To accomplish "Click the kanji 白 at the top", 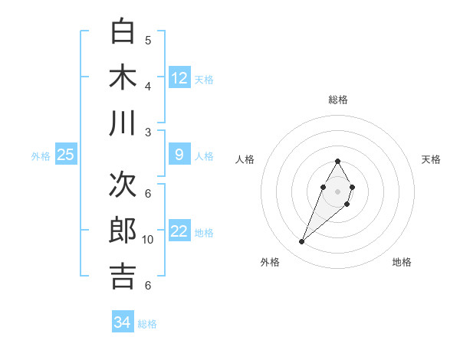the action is [123, 31].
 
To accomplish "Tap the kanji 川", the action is [123, 123].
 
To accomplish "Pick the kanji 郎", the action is [123, 231].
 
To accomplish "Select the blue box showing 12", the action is [179, 77].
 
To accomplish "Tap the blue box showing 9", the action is [179, 155].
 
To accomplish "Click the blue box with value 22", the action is [179, 232].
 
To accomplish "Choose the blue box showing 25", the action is [66, 155].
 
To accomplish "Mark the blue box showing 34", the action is [123, 322].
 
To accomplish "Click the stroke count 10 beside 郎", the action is [148, 239].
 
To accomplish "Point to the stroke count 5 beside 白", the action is [148, 40].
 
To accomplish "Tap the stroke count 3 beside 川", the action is [148, 132].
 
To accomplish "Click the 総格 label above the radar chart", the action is [338, 100].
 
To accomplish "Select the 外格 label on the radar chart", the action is [270, 262].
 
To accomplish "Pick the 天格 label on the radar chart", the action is [431, 159].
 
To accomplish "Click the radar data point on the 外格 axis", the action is [302, 242].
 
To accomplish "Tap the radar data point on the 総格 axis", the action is [337, 161].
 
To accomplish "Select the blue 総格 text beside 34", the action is [147, 324].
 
